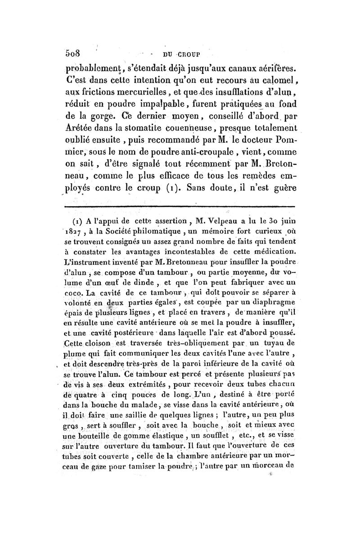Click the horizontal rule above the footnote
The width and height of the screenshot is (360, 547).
pos(180,207)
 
